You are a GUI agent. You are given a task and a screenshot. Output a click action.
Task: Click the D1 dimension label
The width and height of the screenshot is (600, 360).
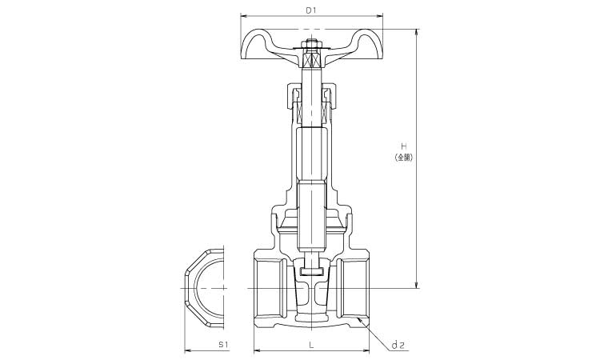tap(311, 10)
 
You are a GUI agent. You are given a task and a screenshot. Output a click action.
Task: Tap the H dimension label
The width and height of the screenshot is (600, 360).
tap(404, 146)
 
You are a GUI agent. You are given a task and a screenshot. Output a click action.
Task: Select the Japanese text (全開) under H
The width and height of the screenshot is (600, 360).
tap(404, 158)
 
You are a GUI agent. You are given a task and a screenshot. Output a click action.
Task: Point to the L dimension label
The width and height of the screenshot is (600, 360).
tap(311, 345)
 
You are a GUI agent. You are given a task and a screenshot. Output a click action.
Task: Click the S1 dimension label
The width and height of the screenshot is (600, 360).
tap(223, 345)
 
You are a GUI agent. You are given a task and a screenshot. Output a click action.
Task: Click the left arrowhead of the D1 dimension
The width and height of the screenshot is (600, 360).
tap(243, 16)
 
